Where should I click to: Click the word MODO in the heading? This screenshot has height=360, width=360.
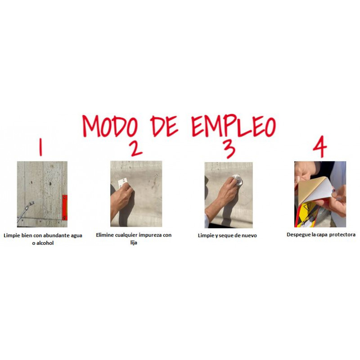tap(110, 126)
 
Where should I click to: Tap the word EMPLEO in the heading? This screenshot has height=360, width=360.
tap(234, 126)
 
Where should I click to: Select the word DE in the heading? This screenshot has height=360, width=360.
tap(164, 126)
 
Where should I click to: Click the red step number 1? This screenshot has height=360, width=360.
tap(40, 147)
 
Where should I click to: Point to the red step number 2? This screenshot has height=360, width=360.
tap(136, 148)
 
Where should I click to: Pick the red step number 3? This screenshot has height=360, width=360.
tap(229, 149)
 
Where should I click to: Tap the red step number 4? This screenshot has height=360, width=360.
tap(320, 147)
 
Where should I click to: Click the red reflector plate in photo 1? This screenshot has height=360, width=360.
tap(65, 207)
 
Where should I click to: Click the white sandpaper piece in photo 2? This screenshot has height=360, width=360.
tap(122, 183)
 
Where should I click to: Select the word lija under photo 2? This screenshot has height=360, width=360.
tap(134, 243)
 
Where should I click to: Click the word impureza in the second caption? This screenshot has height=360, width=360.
tap(150, 235)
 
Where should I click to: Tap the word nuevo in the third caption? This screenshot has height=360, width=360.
tap(249, 235)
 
